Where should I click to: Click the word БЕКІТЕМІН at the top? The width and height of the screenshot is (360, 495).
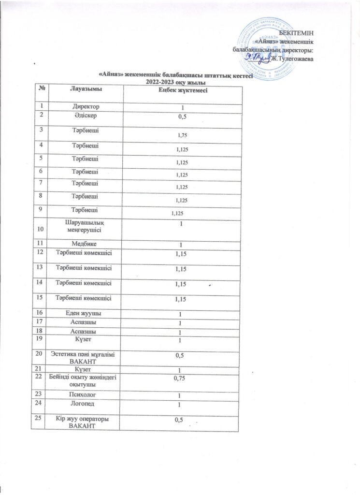[300, 32]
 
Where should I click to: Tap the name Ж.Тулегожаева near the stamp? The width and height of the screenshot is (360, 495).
[292, 59]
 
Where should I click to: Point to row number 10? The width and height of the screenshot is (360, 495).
[38, 233]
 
